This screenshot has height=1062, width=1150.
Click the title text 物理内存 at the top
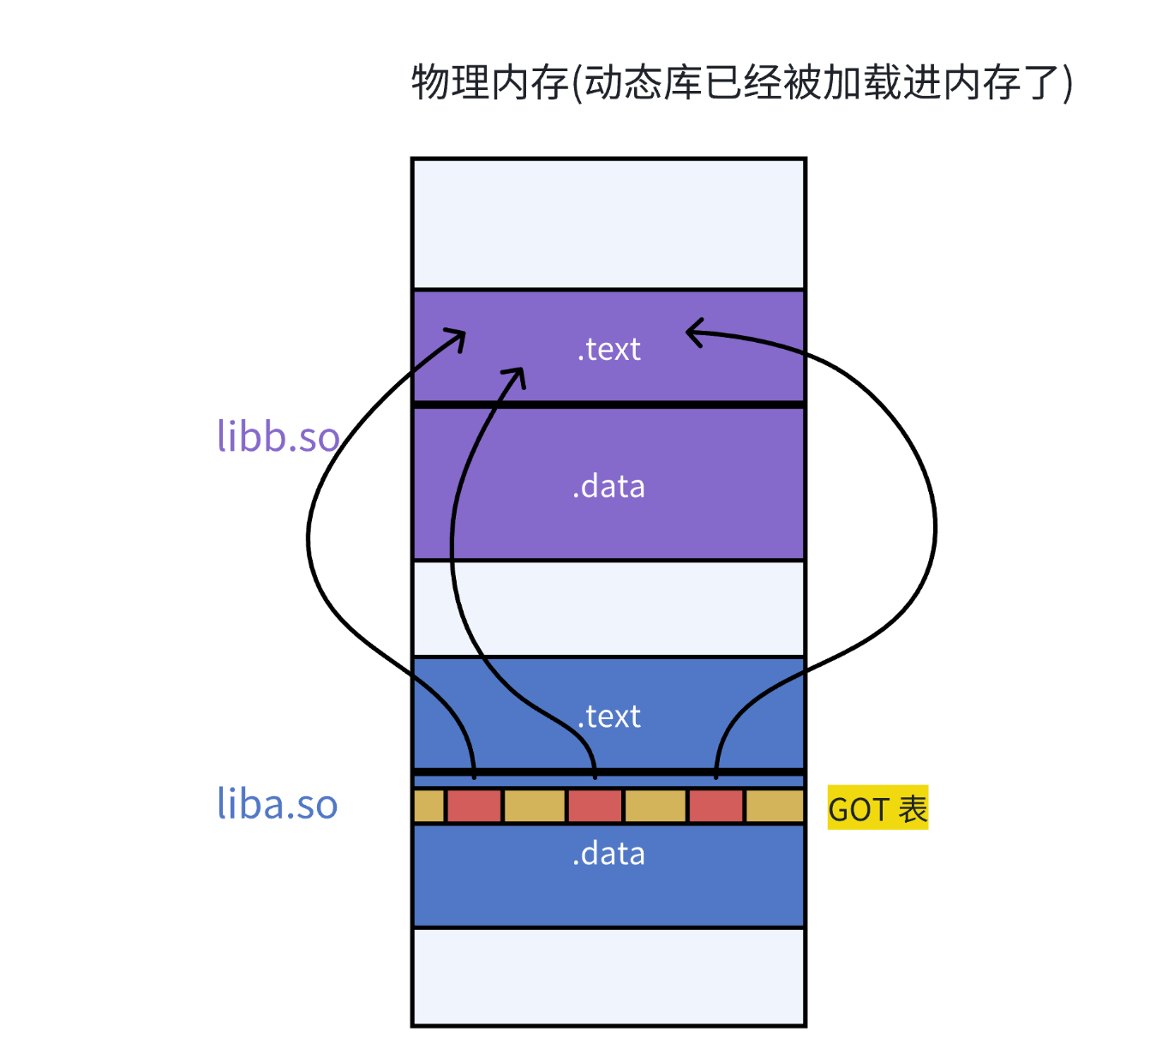(490, 83)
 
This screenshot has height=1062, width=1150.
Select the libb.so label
(278, 436)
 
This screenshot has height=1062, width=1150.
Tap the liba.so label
(277, 804)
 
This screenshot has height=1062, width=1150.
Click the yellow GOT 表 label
(877, 808)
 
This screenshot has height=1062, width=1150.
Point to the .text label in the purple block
(609, 349)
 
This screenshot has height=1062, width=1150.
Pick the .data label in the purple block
(609, 486)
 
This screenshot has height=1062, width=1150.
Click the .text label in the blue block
(609, 716)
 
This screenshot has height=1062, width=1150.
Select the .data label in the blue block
(609, 854)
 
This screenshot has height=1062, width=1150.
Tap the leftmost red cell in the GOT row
(474, 807)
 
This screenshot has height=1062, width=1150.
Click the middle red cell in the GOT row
(595, 807)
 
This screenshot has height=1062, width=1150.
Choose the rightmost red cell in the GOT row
(716, 807)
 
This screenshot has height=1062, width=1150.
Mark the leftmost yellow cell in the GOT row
(428, 807)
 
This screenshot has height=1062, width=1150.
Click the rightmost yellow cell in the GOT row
(775, 807)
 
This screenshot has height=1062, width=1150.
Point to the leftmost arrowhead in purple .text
(459, 336)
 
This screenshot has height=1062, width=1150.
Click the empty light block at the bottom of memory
(608, 976)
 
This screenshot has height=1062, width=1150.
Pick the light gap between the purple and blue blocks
(608, 608)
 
